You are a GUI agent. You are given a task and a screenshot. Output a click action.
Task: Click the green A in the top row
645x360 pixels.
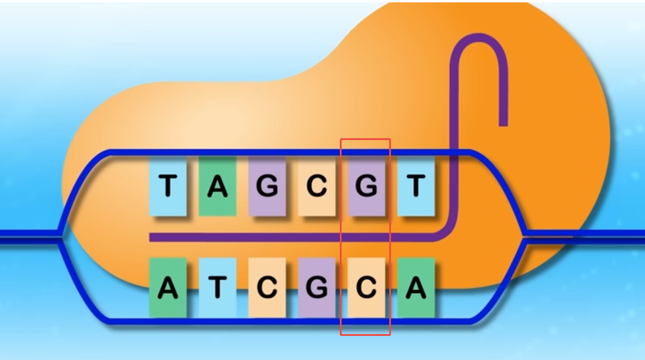[218, 186]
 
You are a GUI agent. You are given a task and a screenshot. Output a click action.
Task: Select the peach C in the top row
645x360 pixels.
[316, 186]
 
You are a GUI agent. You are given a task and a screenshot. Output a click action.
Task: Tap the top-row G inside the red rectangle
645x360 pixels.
[366, 186]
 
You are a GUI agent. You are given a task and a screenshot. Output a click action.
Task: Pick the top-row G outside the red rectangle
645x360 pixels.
[267, 186]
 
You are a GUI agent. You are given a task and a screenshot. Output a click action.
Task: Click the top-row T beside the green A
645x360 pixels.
[168, 186]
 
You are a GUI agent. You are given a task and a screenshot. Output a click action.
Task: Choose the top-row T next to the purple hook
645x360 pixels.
[416, 186]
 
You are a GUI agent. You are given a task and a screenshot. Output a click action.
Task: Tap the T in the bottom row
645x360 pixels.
[218, 288]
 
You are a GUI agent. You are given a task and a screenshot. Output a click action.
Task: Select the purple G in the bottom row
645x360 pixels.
[316, 288]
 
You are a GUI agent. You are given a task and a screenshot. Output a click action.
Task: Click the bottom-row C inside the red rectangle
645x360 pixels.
[366, 288]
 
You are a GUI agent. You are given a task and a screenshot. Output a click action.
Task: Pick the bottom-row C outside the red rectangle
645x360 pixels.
[267, 288]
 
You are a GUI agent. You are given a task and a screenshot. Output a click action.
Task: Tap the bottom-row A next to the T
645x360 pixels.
[168, 288]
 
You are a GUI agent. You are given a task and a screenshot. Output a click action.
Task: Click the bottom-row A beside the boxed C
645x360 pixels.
[416, 288]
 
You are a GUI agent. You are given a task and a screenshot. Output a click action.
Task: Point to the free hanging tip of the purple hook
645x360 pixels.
[503, 122]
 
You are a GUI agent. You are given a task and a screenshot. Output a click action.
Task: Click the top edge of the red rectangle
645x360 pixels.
[366, 139]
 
